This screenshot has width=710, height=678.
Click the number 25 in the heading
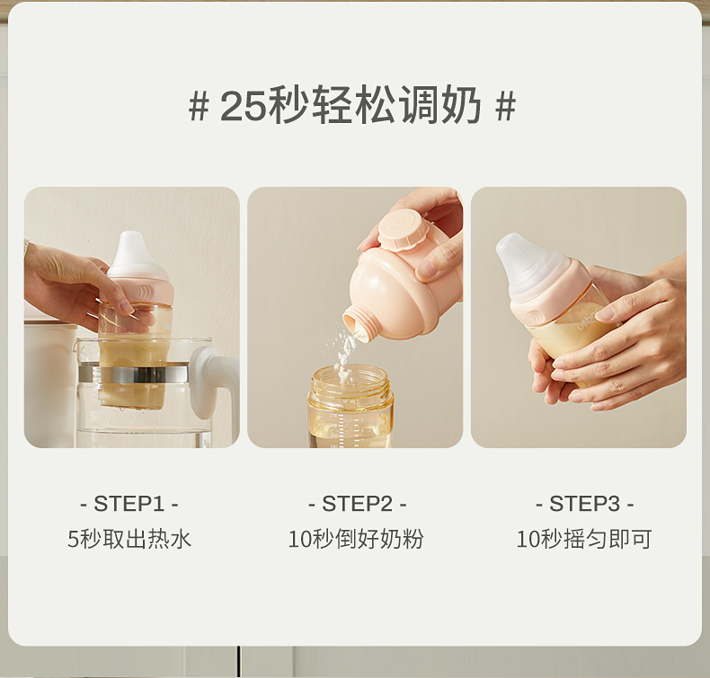(243, 107)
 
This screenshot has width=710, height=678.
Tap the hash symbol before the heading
(199, 107)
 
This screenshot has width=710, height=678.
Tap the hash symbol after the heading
(505, 107)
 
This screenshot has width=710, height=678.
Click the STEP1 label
(129, 504)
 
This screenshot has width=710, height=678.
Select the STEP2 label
(358, 504)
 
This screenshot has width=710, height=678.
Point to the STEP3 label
(584, 504)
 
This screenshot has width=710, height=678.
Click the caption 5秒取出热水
(129, 539)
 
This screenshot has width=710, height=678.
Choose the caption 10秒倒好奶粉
(356, 539)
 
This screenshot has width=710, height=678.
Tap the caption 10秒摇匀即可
(584, 539)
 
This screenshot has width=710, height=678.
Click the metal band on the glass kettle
(133, 374)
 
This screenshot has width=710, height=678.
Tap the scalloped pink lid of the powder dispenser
(397, 228)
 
